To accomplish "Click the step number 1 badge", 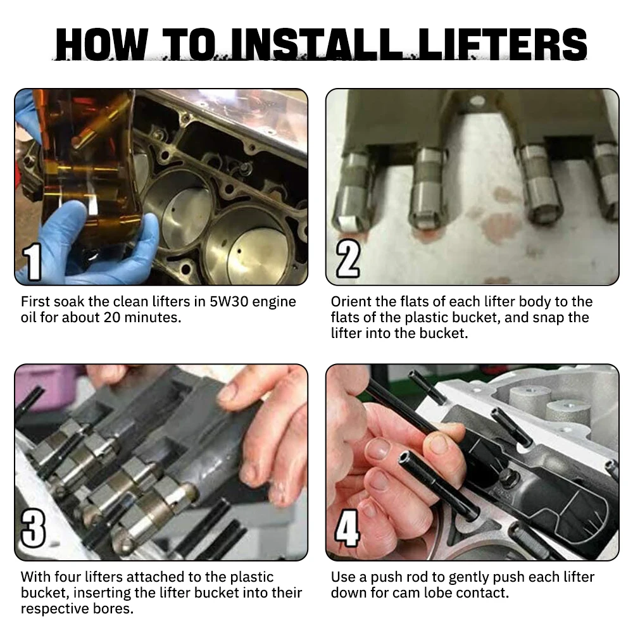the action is [x=32, y=262].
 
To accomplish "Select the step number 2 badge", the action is [x=348, y=258].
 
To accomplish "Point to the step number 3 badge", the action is [x=33, y=529].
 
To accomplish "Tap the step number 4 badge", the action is [x=347, y=529].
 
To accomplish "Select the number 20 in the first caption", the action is [x=112, y=317].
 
